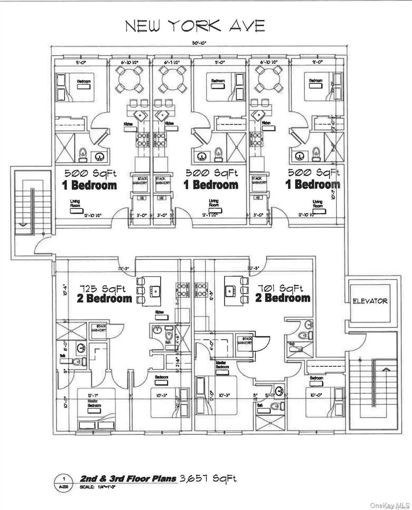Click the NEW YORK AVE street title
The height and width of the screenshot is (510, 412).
[195, 26]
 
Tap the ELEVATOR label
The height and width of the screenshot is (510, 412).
[370, 301]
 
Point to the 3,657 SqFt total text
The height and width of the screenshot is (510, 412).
[208, 478]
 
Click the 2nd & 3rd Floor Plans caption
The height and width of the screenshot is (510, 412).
[128, 478]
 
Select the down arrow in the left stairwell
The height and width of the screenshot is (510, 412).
[23, 224]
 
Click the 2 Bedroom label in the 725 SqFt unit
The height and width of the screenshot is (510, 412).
[104, 298]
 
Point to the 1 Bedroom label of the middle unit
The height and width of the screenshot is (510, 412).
[211, 185]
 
